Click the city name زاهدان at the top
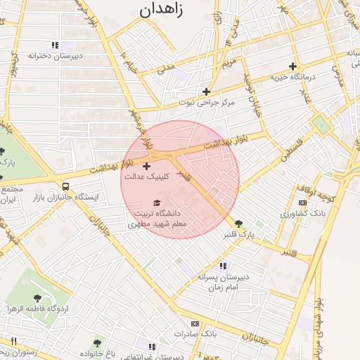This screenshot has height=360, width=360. pyautogui.click(x=171, y=10)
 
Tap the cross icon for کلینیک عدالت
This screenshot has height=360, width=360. pyautogui.click(x=146, y=166)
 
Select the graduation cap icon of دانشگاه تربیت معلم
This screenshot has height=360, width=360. pyautogui.click(x=156, y=202)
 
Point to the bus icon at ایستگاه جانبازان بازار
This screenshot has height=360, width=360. pyautogui.click(x=65, y=186)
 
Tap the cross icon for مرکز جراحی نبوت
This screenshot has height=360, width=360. pyautogui.click(x=206, y=91)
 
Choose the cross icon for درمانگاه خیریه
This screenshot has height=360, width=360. pyautogui.click(x=293, y=66)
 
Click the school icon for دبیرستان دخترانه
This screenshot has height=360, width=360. pyautogui.click(x=55, y=45)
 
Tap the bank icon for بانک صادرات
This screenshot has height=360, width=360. pyautogui.click(x=195, y=323)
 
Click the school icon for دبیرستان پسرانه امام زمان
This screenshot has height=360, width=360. pyautogui.click(x=223, y=266)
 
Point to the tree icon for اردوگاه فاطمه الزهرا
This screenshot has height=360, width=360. pyautogui.click(x=37, y=297)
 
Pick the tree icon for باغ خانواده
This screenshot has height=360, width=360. pyautogui.click(x=96, y=342)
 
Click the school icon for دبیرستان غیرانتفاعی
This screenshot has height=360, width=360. pyautogui.click(x=151, y=346)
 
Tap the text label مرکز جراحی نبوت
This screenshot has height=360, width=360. pyautogui.click(x=205, y=103)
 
